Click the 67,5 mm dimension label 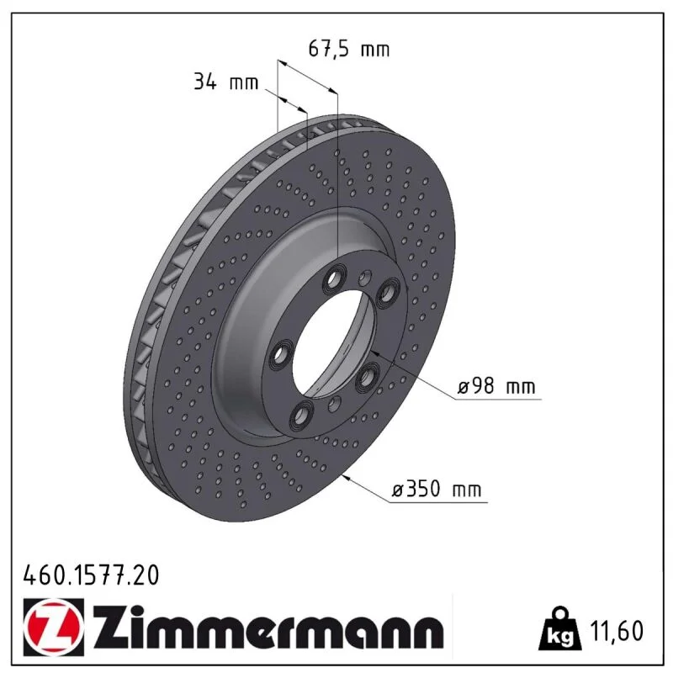349,49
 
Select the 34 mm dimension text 225,81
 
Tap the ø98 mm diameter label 496,386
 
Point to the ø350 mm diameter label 437,489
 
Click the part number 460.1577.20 91,575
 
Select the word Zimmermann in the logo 268,627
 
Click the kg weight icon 560,628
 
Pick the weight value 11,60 617,630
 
